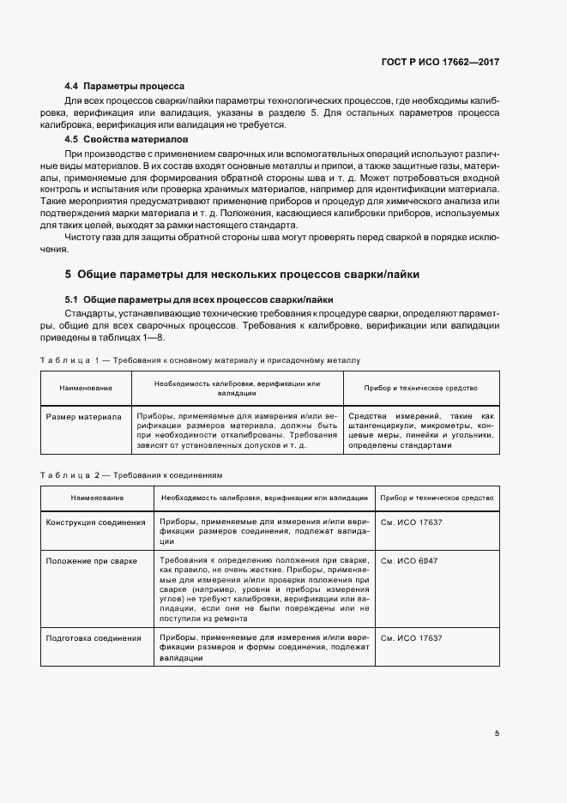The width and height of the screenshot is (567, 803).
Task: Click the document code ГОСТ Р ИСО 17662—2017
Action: coord(441,63)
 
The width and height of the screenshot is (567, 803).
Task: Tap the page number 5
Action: coord(498,734)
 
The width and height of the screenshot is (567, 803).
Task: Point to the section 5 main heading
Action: coord(242,275)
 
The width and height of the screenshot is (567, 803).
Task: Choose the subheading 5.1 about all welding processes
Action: coord(199,299)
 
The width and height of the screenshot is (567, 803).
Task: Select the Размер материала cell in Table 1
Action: coord(83,417)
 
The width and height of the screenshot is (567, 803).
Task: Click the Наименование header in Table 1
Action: coord(86,389)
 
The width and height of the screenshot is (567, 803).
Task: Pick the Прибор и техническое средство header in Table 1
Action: coord(420,388)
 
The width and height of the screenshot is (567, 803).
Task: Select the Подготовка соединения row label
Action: coord(93,638)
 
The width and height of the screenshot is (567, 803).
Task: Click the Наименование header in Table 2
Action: coord(97,498)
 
